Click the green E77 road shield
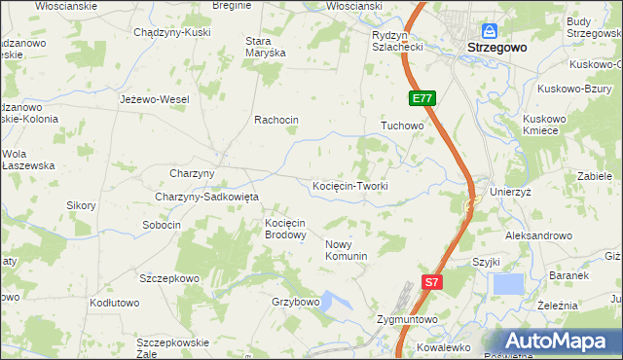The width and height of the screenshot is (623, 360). point(421,99)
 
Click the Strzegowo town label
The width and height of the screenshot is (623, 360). point(496,47)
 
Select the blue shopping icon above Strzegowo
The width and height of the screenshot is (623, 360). point(489,31)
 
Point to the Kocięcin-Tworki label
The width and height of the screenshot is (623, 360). point(350,186)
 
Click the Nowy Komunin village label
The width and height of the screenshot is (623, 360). point(346,250)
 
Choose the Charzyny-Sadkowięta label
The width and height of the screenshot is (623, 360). point(206,197)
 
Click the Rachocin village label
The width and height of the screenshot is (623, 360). point(276,120)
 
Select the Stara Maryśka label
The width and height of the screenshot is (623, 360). point(265,47)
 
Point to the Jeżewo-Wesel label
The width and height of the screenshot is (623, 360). point(154,99)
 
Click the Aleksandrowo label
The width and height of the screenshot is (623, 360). point(538,235)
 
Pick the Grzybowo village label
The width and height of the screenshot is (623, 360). point(296,302)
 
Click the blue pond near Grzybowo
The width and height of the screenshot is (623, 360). point(336,303)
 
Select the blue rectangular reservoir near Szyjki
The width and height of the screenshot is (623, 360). point(508,284)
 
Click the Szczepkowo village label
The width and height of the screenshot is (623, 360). point(169,278)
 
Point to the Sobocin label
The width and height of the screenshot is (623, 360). point(162,225)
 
